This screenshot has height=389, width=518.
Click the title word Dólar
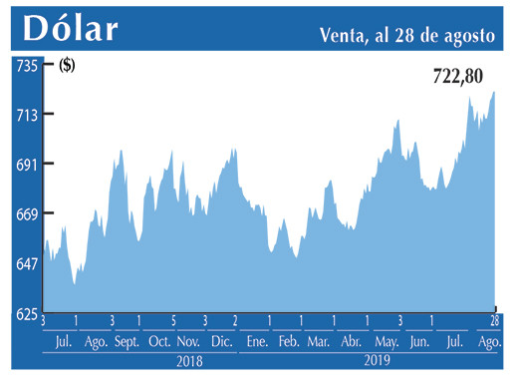pyautogui.click(x=71, y=28)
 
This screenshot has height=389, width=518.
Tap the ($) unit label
pyautogui.click(x=67, y=67)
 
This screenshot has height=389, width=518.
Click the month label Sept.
pyautogui.click(x=128, y=342)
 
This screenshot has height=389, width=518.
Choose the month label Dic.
pyautogui.click(x=221, y=342)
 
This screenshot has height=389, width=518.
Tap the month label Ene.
pyautogui.click(x=256, y=342)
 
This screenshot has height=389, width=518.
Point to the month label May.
pyautogui.click(x=386, y=342)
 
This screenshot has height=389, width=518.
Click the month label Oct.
pyautogui.click(x=159, y=342)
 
